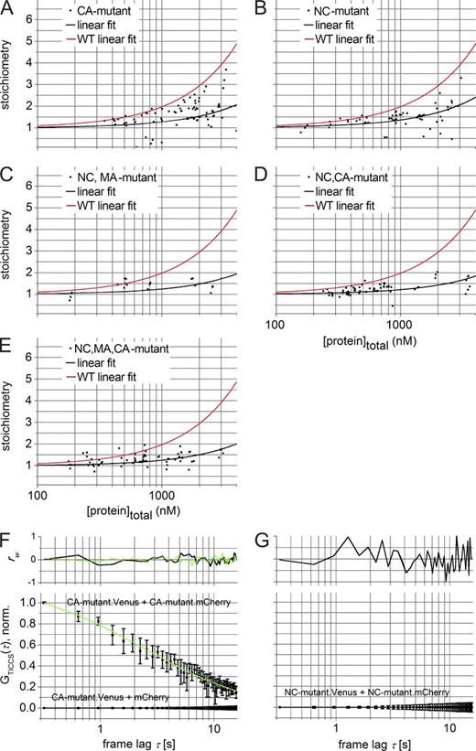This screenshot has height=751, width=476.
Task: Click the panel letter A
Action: pos(7,8)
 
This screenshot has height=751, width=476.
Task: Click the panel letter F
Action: pos(7,537)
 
